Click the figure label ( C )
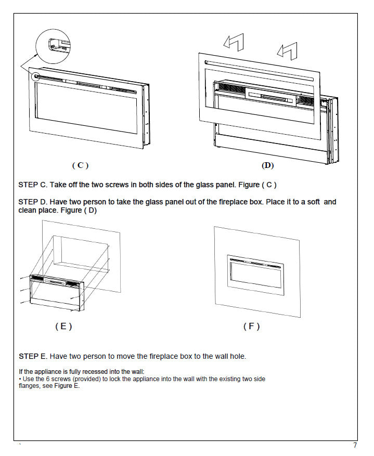click(x=80, y=165)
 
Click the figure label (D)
click(x=267, y=165)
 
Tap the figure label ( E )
click(x=63, y=327)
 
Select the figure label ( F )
click(x=251, y=327)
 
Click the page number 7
click(x=355, y=446)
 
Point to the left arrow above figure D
click(x=234, y=42)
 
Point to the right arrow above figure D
click(x=287, y=51)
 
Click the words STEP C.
click(x=32, y=185)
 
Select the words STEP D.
click(x=32, y=202)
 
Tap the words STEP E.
click(x=32, y=356)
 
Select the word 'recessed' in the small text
click(x=97, y=371)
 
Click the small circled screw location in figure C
click(x=36, y=76)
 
